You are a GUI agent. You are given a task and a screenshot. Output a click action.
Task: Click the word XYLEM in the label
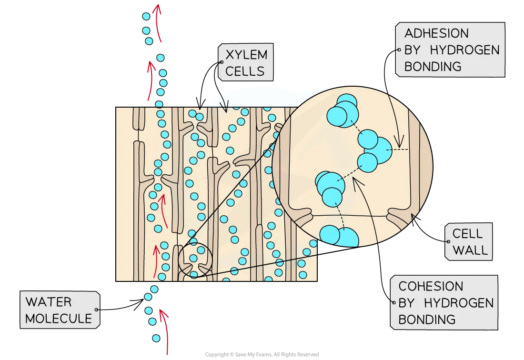coord(246,55)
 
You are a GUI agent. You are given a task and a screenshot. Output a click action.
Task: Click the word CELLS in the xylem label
coord(244,71)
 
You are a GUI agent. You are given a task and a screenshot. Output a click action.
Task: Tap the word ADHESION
coord(436,33)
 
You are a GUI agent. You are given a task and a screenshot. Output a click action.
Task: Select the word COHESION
coord(431,286)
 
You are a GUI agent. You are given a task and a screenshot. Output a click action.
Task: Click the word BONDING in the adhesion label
coord(433,67)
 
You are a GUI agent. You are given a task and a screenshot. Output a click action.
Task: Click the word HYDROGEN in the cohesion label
coord(459,303)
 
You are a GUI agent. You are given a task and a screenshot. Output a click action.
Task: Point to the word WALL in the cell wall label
coord(470,250)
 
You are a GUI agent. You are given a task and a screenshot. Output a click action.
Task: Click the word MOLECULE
coord(58,319)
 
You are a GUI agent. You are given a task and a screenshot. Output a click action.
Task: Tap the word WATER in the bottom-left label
coord(48,302)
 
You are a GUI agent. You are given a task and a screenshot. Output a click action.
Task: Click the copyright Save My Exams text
coord(262,354)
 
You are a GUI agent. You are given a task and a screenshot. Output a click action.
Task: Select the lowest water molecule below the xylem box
coord(156,338)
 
